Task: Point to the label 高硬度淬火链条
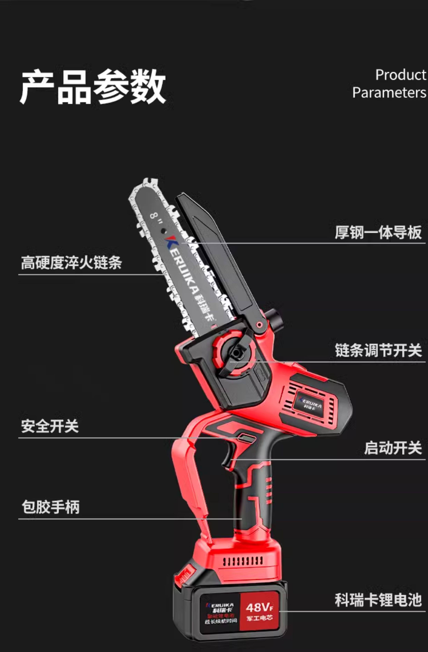[71, 262]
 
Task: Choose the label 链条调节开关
[378, 350]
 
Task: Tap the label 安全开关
[50, 426]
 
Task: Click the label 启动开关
[393, 448]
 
